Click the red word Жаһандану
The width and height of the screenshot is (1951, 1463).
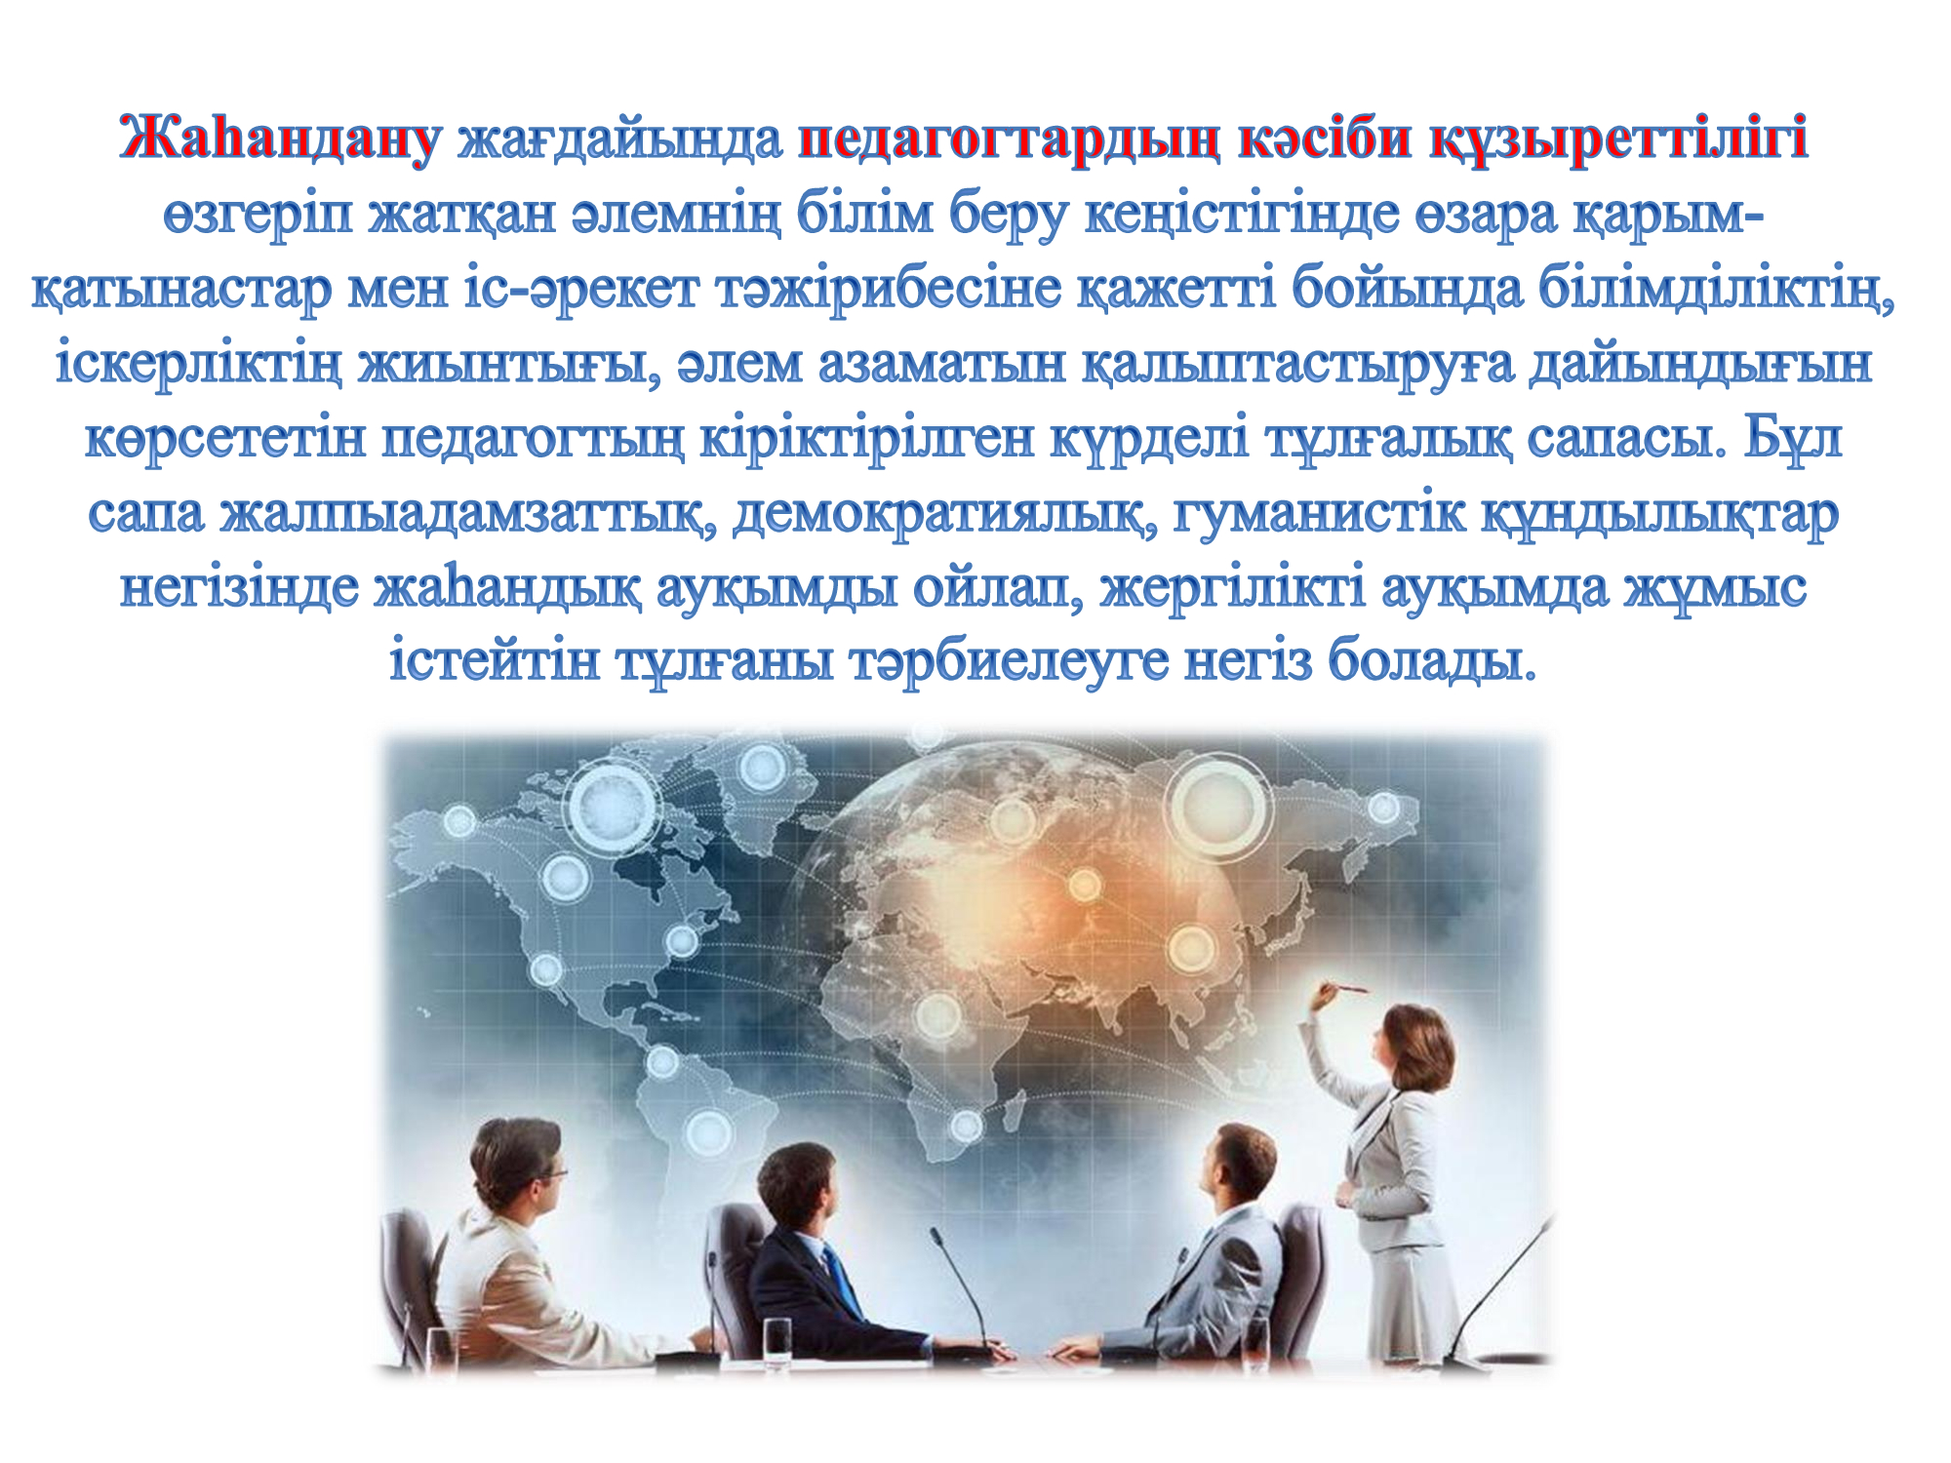[x=279, y=138]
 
